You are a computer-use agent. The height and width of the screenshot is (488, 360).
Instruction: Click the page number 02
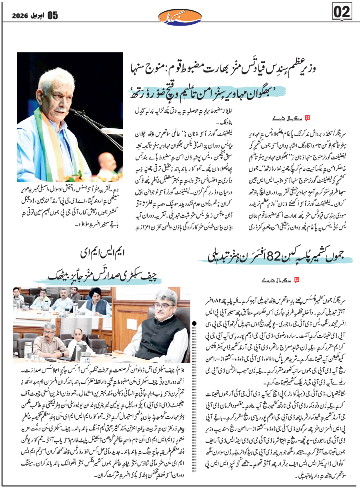click(x=342, y=12)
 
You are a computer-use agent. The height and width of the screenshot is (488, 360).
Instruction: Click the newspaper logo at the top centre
click(x=180, y=16)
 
